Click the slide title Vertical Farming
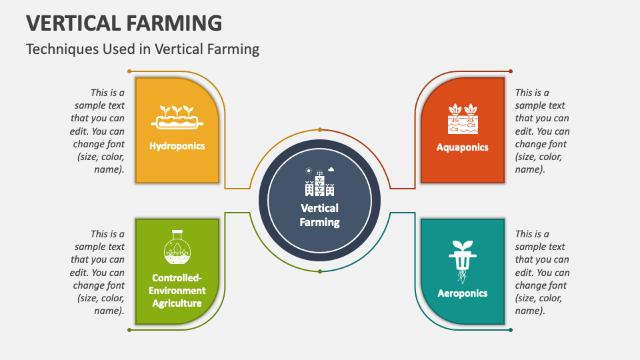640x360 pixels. [124, 23]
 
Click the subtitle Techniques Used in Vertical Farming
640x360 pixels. [142, 49]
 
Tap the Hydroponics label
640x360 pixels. [177, 146]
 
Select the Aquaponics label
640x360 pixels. [462, 147]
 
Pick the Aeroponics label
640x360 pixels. [462, 293]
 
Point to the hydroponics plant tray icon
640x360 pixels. [177, 117]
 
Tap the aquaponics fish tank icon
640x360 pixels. [462, 118]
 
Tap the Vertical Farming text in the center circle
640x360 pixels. [319, 215]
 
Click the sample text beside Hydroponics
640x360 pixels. [98, 131]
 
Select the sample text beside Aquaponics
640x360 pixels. [542, 131]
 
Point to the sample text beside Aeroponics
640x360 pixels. [542, 272]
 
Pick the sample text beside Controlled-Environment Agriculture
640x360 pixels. [98, 272]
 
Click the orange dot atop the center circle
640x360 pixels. [320, 130]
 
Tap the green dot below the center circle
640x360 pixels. [320, 271]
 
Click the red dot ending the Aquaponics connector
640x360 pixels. [511, 71]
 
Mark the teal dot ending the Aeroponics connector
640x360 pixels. [511, 329]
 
